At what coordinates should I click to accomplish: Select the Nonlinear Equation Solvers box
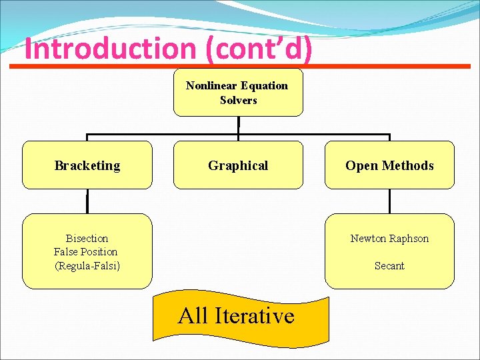238,93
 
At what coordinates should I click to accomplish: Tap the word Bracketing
87,165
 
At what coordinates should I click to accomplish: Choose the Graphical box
238,165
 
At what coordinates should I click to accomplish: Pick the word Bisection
87,238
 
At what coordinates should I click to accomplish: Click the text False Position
85,251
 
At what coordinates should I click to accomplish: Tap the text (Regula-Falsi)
87,265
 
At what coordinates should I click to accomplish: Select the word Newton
367,238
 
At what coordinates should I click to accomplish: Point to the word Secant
389,265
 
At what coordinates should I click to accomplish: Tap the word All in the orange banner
193,315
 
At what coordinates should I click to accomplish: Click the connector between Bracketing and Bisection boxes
87,201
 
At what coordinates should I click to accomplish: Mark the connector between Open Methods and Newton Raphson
389,201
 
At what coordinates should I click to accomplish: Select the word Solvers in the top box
238,100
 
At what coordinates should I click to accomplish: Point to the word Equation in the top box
265,85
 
